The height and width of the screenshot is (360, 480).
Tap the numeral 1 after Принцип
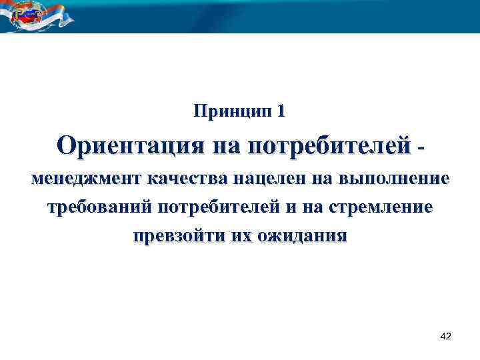coord(281,111)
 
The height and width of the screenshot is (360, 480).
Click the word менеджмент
coord(84,179)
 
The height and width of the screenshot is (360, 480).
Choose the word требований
coord(101,207)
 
